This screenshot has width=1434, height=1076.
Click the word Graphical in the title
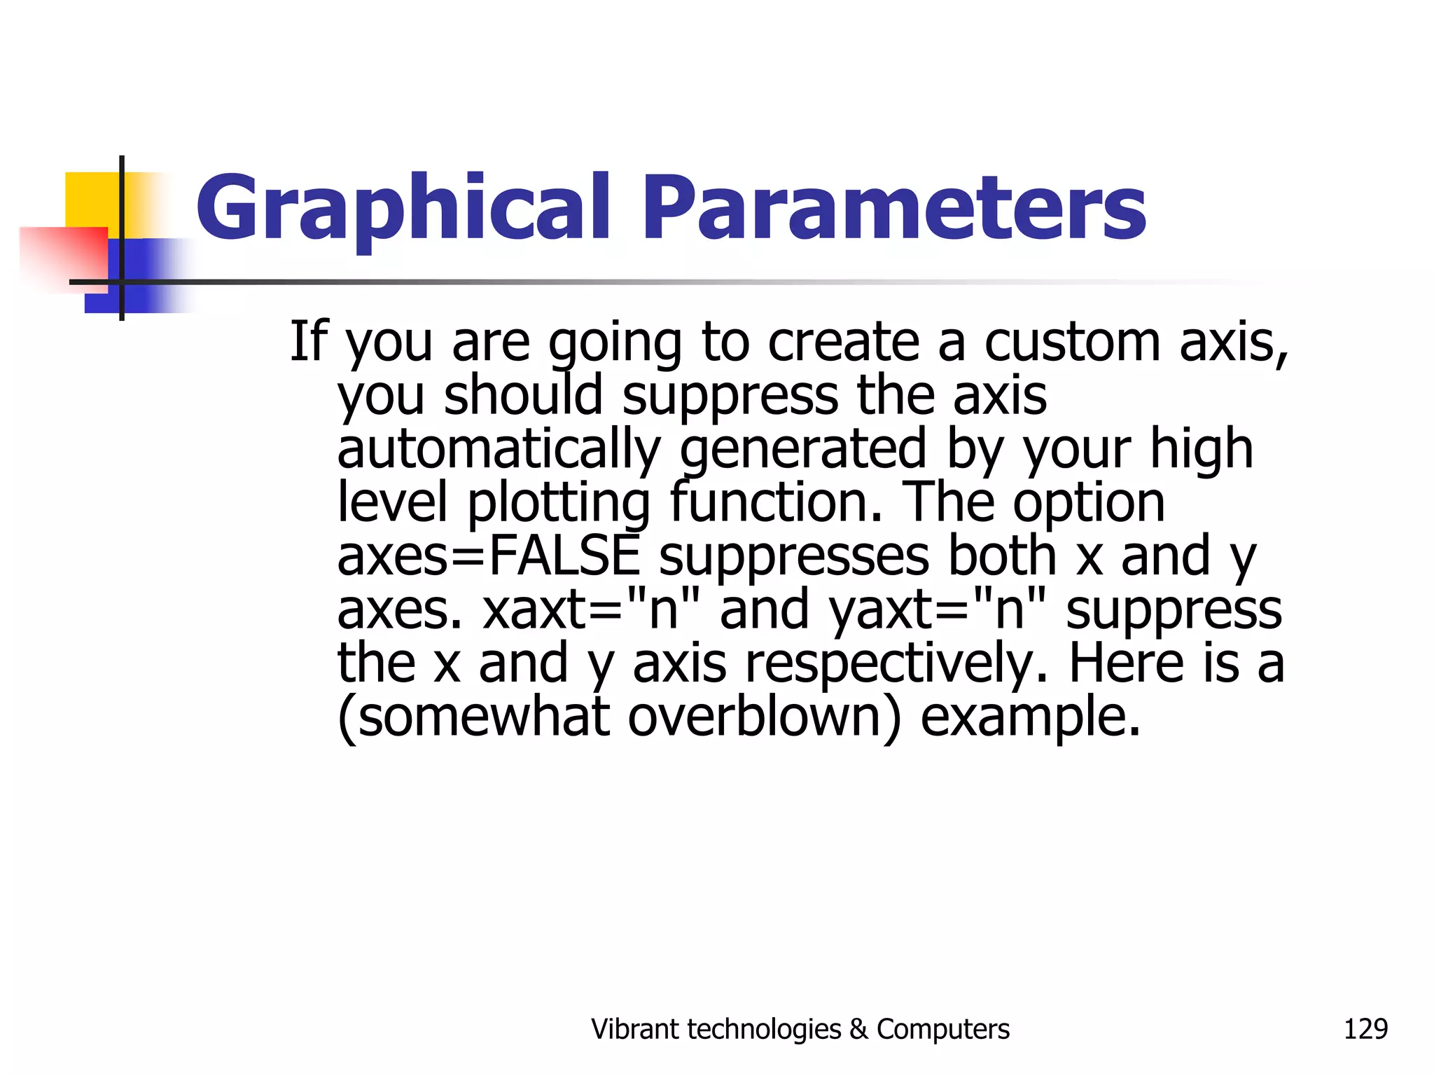403,208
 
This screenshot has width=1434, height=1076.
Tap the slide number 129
1365,1029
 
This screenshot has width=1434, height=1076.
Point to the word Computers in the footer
943,1029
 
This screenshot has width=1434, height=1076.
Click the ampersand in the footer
858,1029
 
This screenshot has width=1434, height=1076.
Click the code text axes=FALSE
489,555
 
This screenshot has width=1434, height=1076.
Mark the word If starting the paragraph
309,341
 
